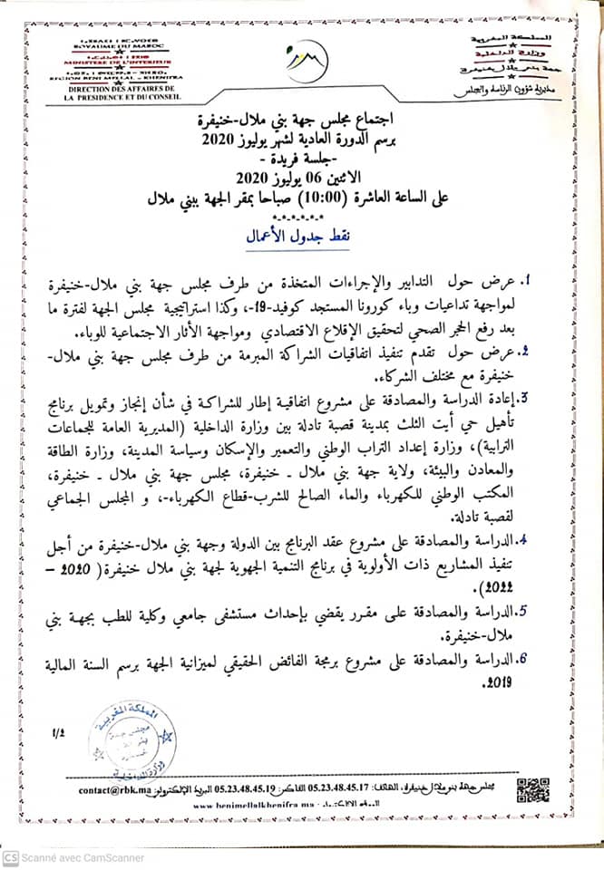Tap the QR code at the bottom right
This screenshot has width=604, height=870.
[x=533, y=788]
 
